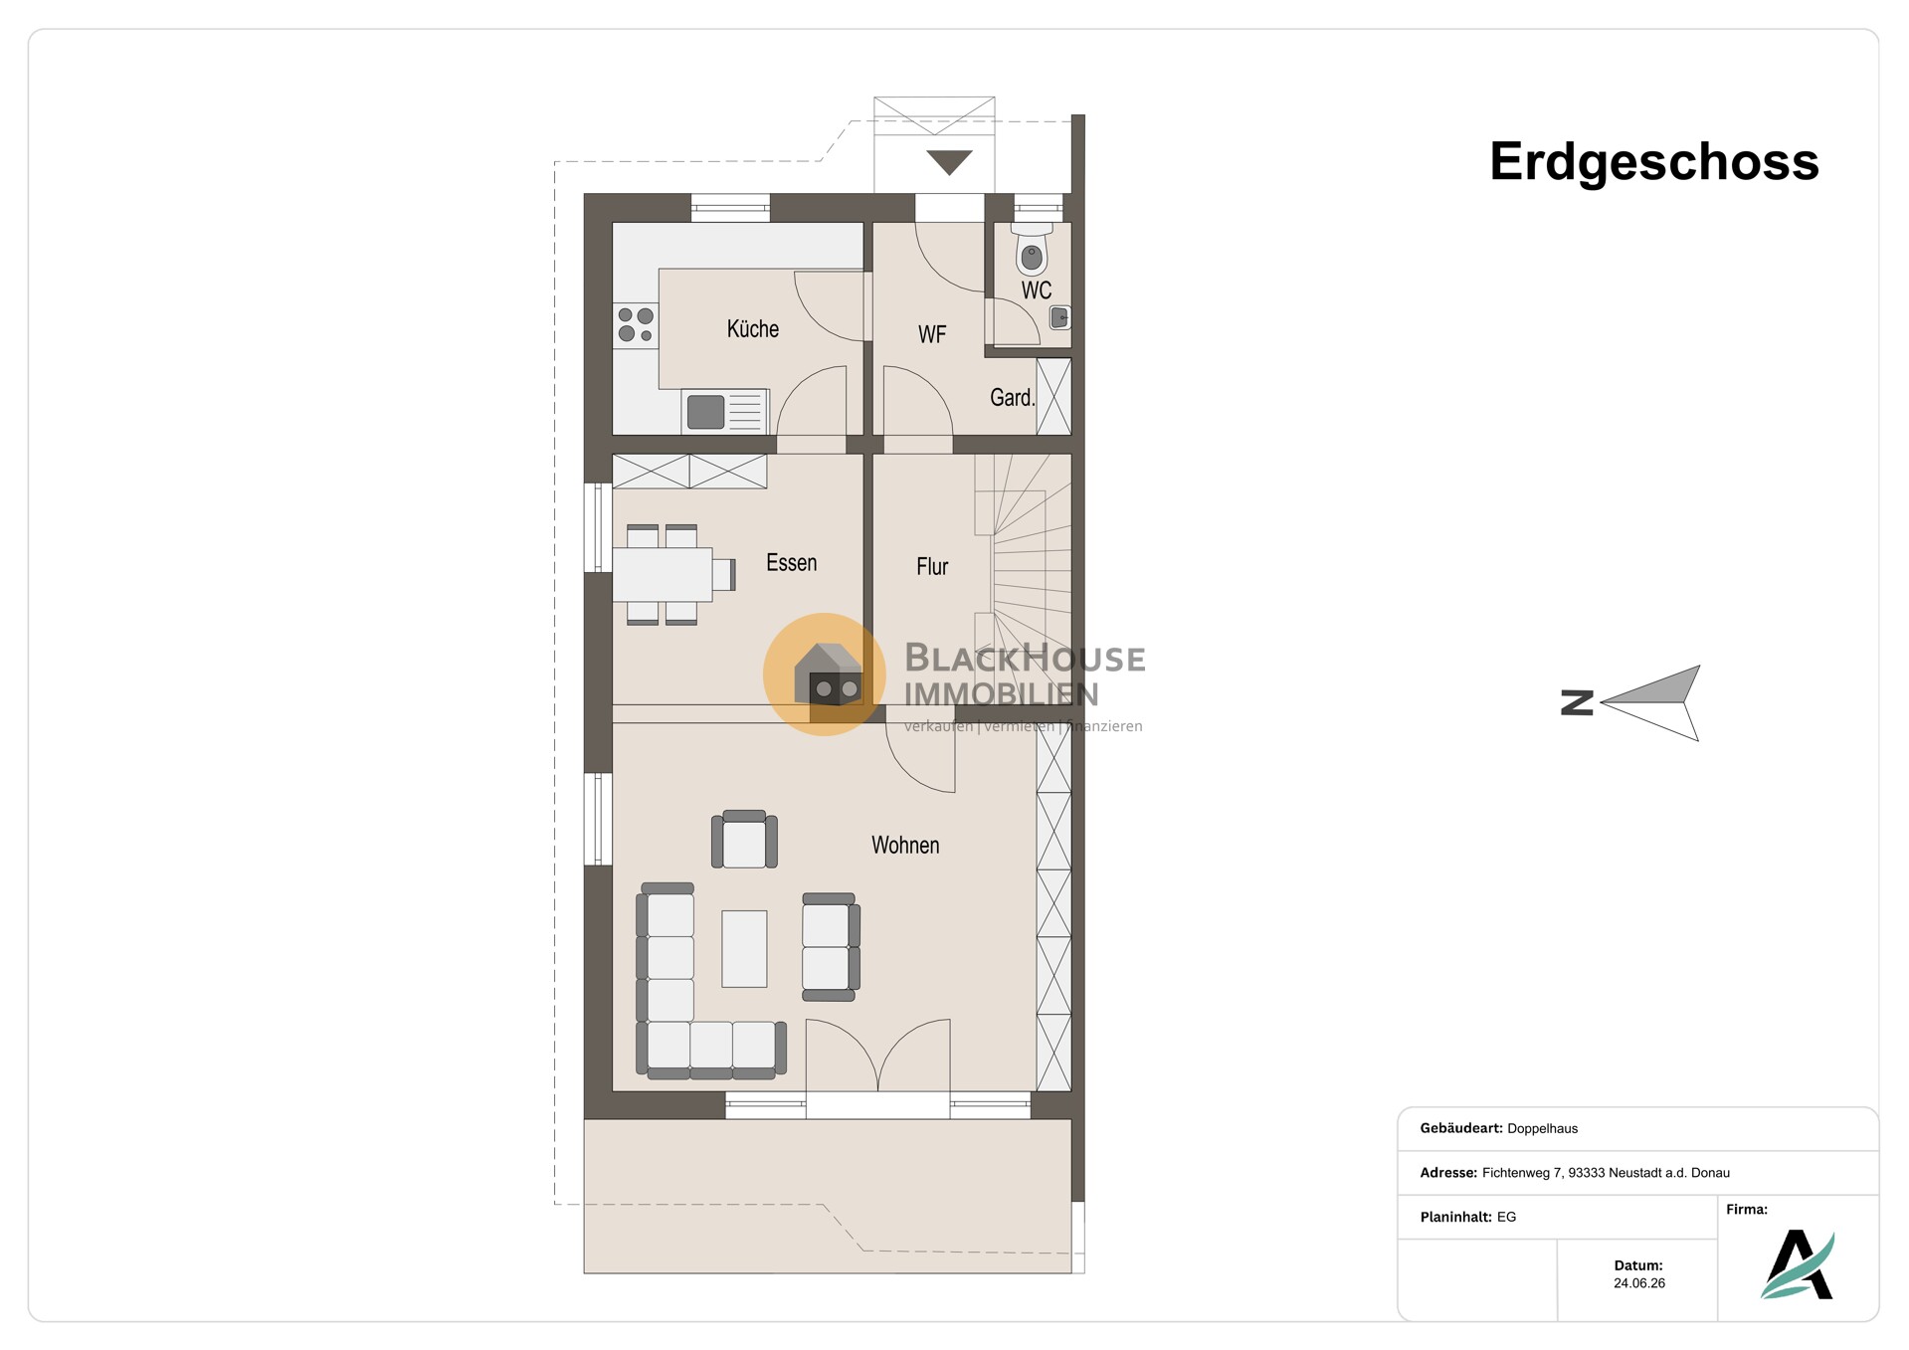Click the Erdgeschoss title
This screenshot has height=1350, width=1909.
point(1653,162)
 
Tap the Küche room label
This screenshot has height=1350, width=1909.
point(752,329)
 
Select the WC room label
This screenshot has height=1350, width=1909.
point(1036,290)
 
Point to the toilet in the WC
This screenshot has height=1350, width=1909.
point(1032,250)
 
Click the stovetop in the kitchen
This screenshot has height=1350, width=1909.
point(636,325)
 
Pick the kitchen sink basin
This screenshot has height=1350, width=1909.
point(705,412)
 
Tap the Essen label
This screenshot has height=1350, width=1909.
point(791,563)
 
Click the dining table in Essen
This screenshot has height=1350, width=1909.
point(663,574)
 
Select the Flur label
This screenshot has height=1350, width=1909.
point(932,567)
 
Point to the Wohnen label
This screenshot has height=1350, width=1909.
point(905,846)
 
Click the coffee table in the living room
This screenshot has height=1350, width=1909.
point(744,948)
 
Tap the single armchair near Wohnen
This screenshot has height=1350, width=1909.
point(744,840)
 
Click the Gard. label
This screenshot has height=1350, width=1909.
point(1012,398)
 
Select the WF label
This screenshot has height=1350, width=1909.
point(932,335)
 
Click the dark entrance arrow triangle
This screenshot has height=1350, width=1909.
point(949,162)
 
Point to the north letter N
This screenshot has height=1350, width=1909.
point(1577,703)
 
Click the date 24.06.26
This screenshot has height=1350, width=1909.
point(1639,1283)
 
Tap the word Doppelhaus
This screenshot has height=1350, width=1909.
point(1542,1128)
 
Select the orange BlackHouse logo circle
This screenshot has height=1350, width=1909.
point(824,675)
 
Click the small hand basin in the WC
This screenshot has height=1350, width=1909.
point(1059,318)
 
